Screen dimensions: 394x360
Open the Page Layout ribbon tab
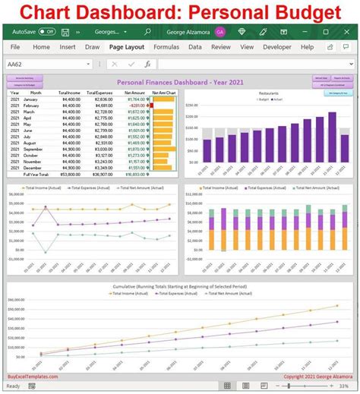(127, 47)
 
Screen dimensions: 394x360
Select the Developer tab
(276, 47)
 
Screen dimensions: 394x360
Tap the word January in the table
(31, 99)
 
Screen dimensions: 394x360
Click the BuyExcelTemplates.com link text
(34, 375)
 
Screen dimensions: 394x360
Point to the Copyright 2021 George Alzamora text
(317, 375)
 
